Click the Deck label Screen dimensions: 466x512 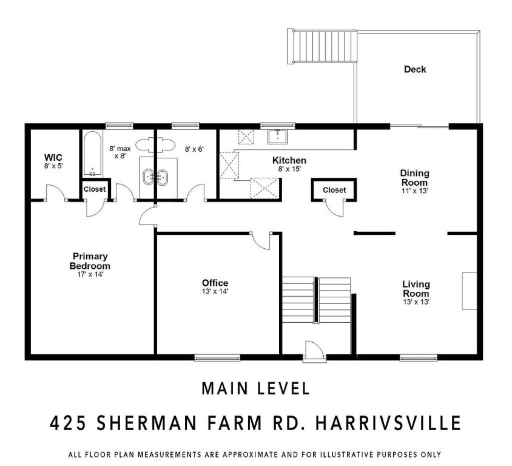pos(415,69)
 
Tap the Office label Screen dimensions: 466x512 pos(215,283)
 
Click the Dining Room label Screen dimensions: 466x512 pos(414,178)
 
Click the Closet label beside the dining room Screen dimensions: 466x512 pos(334,190)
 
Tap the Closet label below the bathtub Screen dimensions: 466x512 pos(94,189)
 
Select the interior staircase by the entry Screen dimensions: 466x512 pos(316,300)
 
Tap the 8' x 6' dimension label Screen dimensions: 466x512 pos(195,147)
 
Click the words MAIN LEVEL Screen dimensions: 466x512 pos(255,388)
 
